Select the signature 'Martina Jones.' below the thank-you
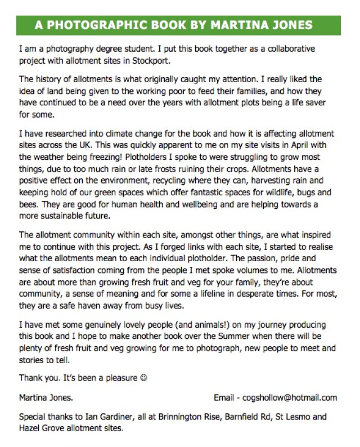point(46,397)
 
